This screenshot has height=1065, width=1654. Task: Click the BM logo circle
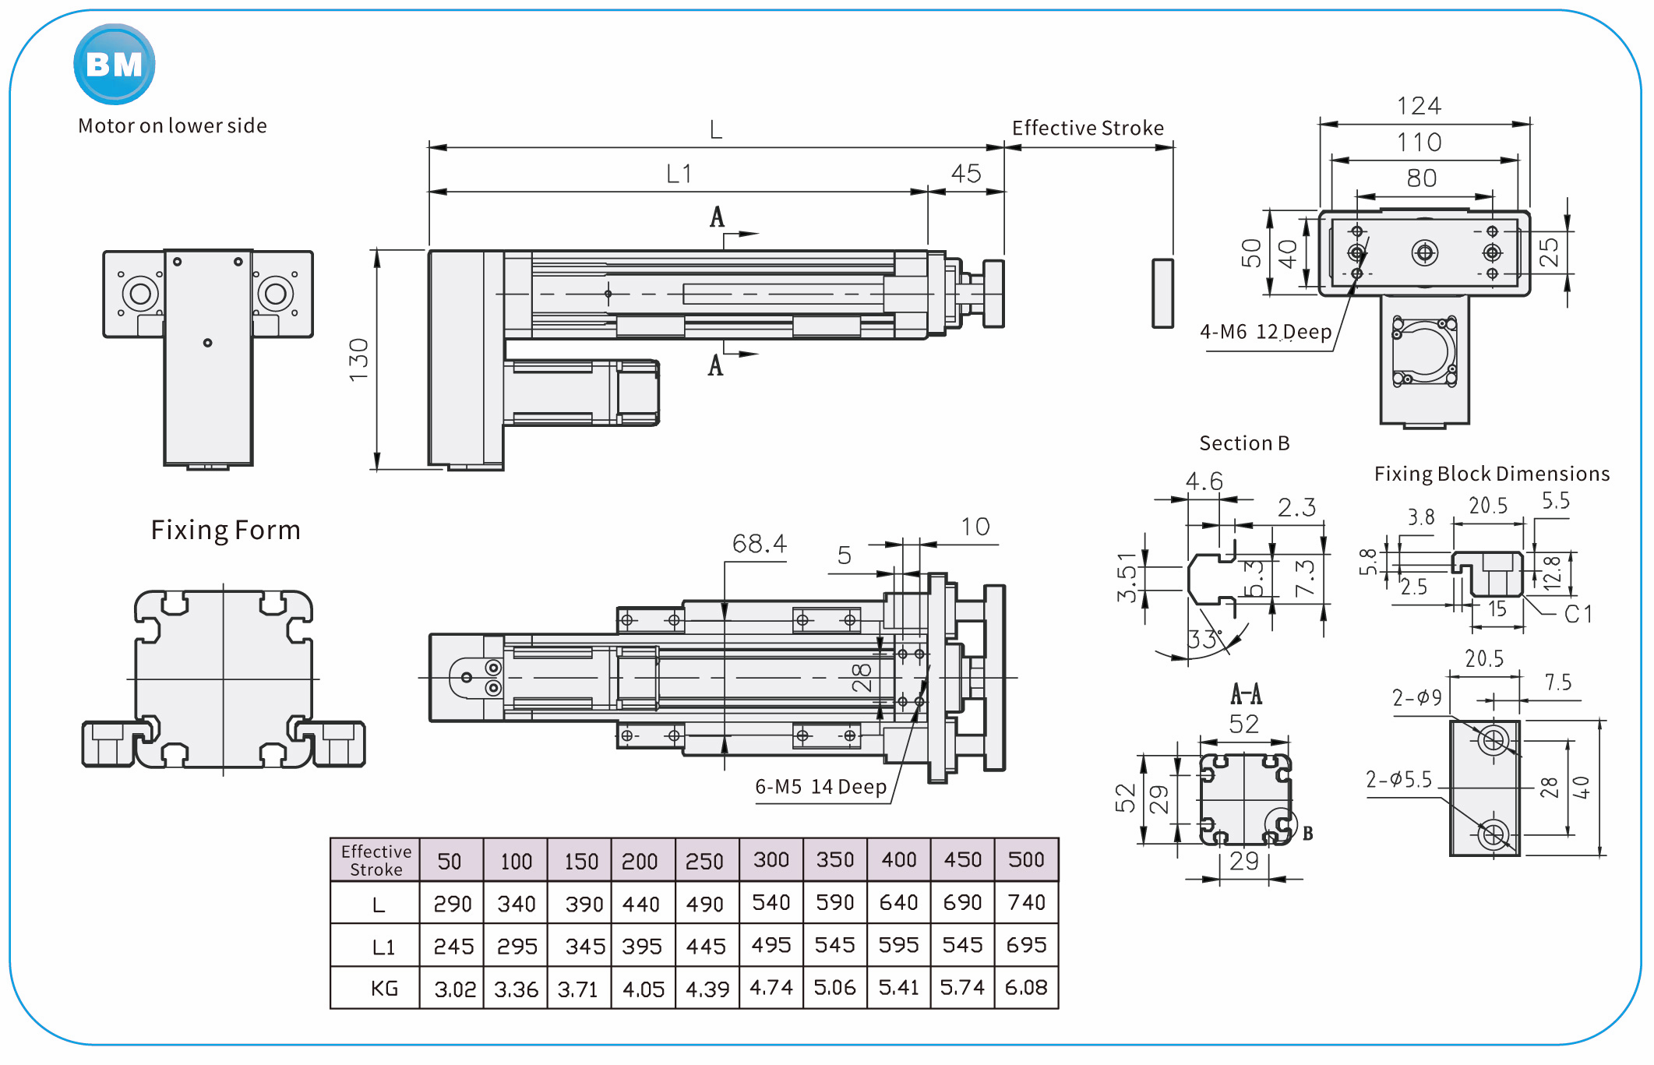click(x=115, y=65)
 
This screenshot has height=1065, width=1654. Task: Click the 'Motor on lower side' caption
click(x=172, y=126)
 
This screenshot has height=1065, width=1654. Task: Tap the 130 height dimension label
click(x=358, y=360)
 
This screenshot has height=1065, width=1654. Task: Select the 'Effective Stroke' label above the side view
click(x=1088, y=129)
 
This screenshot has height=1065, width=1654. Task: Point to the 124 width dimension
click(x=1419, y=106)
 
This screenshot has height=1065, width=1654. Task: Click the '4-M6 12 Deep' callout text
click(x=1265, y=332)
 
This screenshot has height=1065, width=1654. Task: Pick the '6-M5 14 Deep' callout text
click(x=820, y=787)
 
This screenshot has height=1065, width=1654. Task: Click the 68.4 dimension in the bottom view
click(x=759, y=544)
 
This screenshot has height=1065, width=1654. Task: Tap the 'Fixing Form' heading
click(x=225, y=531)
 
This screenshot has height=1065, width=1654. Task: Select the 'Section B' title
click(x=1244, y=443)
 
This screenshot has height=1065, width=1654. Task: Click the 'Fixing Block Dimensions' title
click(x=1491, y=474)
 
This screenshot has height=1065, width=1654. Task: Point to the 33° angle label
click(x=1203, y=640)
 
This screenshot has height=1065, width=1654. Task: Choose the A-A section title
click(x=1246, y=693)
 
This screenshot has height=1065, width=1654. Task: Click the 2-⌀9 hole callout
click(x=1416, y=697)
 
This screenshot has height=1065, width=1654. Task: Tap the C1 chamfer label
click(x=1578, y=614)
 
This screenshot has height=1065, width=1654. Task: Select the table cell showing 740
click(x=1026, y=902)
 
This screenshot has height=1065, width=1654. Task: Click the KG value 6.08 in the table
click(x=1026, y=988)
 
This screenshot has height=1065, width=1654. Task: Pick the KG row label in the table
click(x=384, y=989)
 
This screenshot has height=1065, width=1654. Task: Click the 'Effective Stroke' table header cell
click(x=376, y=860)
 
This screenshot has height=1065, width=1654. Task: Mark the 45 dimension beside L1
click(x=966, y=174)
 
